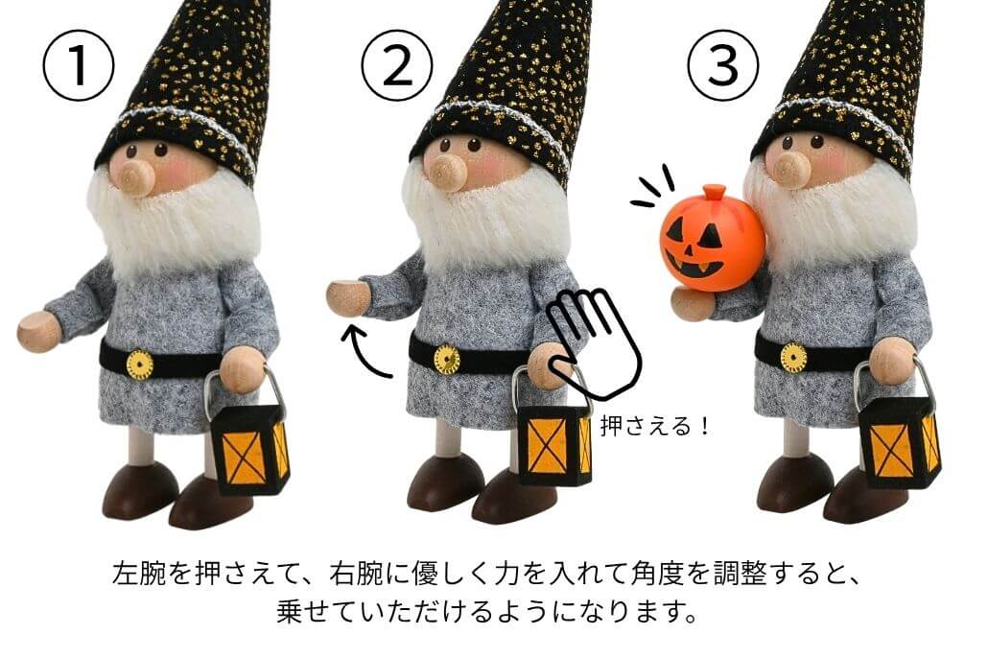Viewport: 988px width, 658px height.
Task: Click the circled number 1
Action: pyautogui.click(x=78, y=65)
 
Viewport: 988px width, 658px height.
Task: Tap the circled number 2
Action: pyautogui.click(x=397, y=65)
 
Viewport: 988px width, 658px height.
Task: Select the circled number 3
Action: pyautogui.click(x=722, y=65)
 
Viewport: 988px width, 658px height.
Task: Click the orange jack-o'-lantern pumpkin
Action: pyautogui.click(x=713, y=238)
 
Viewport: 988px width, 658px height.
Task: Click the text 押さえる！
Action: pyautogui.click(x=655, y=427)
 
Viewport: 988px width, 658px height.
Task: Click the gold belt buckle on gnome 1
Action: pyautogui.click(x=139, y=364)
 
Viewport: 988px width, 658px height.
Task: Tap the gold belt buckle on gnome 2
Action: pyautogui.click(x=447, y=360)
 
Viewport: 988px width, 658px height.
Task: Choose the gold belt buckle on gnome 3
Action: pyautogui.click(x=793, y=358)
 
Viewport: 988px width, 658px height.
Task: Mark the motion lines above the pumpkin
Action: pyautogui.click(x=652, y=186)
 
